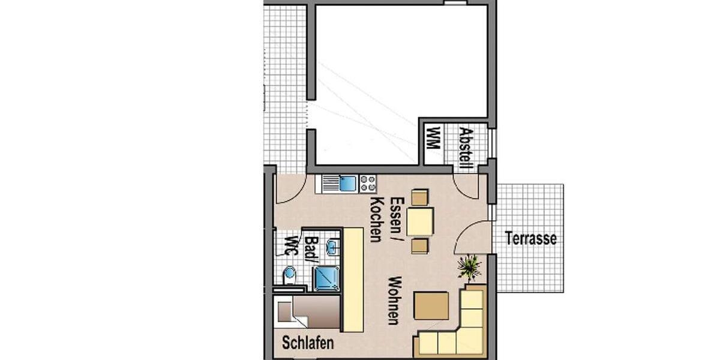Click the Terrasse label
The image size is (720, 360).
tap(531, 239)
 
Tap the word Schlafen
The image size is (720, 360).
tap(308, 343)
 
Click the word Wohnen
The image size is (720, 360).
tap(394, 300)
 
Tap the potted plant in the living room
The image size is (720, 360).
tap(470, 266)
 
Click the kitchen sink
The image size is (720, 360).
tap(347, 183)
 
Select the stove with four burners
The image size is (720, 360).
tap(368, 183)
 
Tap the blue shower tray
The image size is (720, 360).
tap(326, 278)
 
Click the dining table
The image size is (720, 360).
tap(420, 221)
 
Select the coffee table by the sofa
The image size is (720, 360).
tap(432, 305)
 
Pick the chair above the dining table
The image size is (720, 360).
tap(420, 197)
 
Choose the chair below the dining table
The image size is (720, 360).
tap(420, 245)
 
